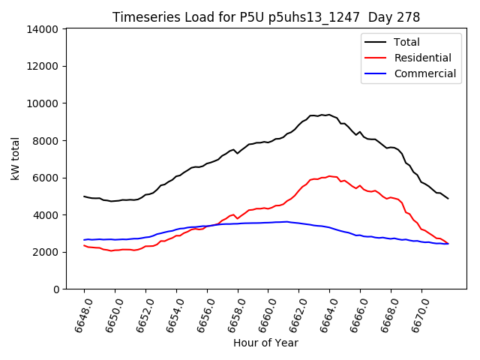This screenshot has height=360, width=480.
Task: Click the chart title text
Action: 266,17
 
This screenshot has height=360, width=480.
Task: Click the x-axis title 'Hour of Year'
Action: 265,343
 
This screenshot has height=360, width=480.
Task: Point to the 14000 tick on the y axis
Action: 43,29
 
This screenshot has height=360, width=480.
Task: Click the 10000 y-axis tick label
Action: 43,103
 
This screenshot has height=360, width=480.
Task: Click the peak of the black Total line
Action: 328,115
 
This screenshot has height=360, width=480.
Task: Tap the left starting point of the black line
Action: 84,196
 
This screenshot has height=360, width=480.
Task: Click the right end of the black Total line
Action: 448,199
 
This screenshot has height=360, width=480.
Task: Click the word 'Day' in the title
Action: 373,17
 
